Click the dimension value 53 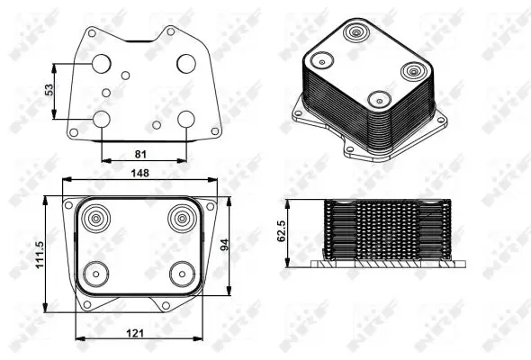(49, 89)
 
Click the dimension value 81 (140, 154)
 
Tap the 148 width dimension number (140, 173)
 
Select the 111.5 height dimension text (40, 255)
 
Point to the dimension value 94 (224, 245)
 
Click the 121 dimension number (135, 334)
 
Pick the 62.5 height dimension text (282, 230)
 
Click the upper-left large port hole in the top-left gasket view (102, 63)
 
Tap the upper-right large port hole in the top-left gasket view (186, 63)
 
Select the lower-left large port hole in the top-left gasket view (102, 119)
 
